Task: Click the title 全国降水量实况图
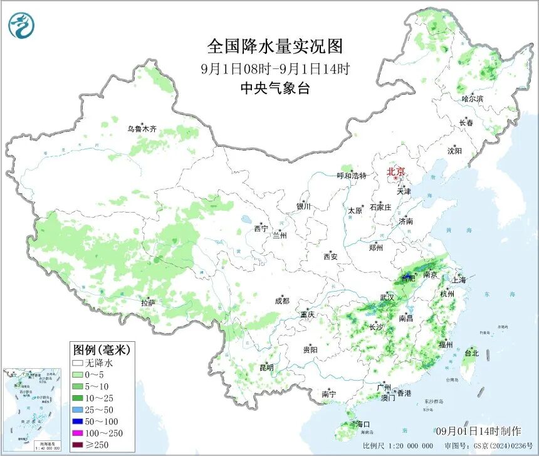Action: click(x=275, y=46)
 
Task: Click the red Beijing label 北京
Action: click(x=396, y=171)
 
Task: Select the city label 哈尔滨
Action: click(x=473, y=99)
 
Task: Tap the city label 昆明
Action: click(x=266, y=368)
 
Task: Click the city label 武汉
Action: click(x=387, y=297)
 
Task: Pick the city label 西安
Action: click(x=330, y=256)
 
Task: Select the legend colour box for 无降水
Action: click(x=78, y=363)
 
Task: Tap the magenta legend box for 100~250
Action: click(x=78, y=433)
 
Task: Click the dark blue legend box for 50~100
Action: click(x=78, y=422)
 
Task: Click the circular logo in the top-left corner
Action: click(x=21, y=25)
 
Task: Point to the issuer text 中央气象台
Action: click(x=275, y=88)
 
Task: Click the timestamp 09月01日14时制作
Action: click(x=478, y=431)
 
